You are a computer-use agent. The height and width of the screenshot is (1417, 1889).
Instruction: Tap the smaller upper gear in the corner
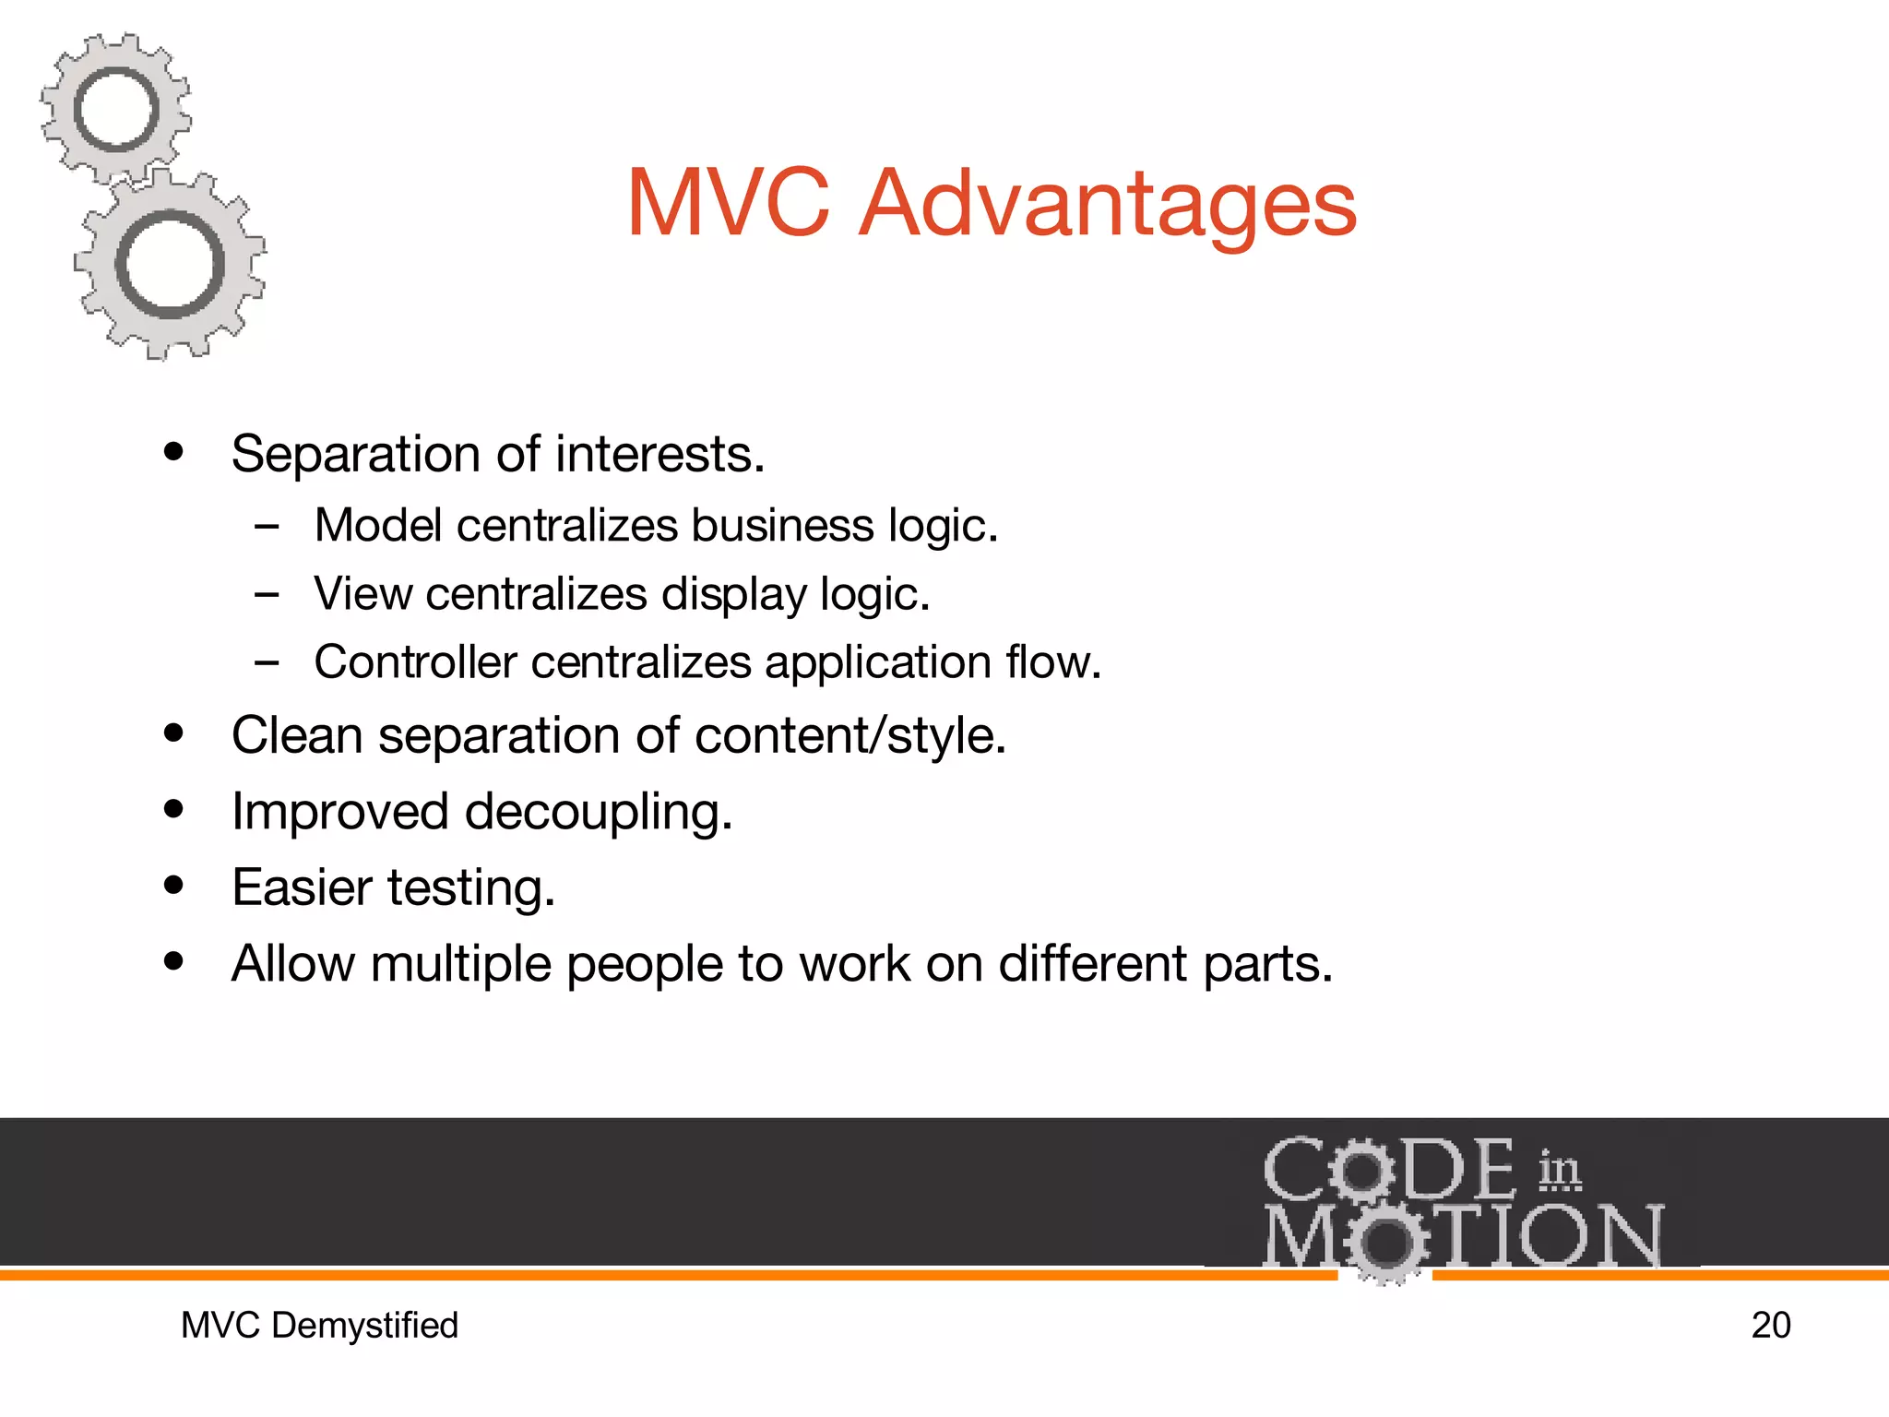116,109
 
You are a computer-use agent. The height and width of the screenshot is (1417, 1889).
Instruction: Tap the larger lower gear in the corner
171,265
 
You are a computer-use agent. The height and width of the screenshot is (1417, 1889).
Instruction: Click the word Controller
416,662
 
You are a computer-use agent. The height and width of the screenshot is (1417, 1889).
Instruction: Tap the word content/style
849,736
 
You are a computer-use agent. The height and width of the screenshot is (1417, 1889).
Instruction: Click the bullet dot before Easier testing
173,886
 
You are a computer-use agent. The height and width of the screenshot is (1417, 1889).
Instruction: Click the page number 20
1770,1326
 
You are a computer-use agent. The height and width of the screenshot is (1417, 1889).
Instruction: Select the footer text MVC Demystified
319,1326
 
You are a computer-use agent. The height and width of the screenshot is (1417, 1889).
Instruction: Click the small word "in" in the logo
1559,1170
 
